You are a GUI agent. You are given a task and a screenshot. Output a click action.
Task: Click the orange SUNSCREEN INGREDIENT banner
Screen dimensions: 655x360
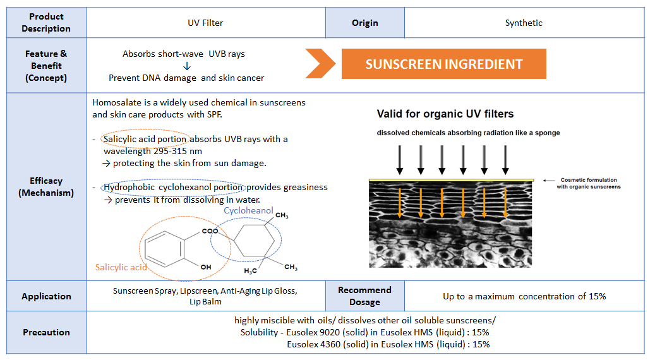click(x=443, y=64)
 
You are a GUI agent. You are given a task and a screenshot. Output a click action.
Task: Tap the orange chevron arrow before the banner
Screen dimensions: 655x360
click(x=320, y=64)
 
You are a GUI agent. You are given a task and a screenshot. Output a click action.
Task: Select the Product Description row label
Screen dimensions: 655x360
click(x=46, y=23)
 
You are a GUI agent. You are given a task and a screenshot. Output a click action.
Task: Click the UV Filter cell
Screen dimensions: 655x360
click(x=205, y=23)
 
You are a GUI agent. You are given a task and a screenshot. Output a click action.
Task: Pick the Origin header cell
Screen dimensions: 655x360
click(x=364, y=23)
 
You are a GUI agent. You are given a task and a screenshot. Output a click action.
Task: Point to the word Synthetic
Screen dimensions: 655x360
click(x=524, y=23)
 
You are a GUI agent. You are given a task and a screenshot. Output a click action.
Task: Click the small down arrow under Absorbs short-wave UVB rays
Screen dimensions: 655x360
click(x=187, y=66)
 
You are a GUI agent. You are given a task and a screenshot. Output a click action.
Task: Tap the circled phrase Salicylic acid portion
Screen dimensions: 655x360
click(x=145, y=139)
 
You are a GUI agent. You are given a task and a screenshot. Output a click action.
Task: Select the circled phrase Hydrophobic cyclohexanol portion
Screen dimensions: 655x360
click(x=173, y=187)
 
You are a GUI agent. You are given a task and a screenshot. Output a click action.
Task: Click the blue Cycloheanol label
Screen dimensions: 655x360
click(x=248, y=210)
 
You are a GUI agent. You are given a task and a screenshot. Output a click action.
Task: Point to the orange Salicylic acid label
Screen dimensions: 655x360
click(x=121, y=267)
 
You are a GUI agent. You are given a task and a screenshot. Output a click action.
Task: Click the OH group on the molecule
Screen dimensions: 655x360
click(x=205, y=267)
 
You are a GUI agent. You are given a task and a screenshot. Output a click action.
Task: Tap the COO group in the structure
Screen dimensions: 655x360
click(x=210, y=231)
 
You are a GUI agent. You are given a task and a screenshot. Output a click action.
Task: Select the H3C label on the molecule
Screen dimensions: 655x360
click(x=250, y=271)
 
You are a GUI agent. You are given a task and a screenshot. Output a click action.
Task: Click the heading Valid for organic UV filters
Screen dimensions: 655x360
click(x=445, y=114)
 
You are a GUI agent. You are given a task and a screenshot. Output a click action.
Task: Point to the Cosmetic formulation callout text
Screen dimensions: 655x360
click(x=588, y=183)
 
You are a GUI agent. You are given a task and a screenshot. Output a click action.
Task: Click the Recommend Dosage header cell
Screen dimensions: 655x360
click(x=364, y=296)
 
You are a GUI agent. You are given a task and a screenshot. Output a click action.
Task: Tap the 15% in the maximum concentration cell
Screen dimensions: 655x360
click(x=597, y=296)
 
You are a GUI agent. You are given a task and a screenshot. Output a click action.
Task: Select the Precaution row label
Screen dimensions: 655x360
click(x=46, y=332)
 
